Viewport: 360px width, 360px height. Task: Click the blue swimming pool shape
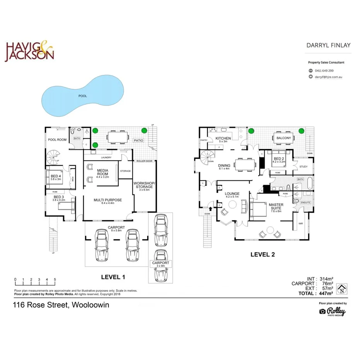[82, 97]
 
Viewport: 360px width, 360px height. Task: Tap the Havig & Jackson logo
[29, 52]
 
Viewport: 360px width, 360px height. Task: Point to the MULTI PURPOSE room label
[108, 201]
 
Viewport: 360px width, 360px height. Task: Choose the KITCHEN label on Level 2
[223, 139]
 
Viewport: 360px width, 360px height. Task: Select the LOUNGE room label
[233, 195]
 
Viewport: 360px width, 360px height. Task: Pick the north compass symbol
[341, 289]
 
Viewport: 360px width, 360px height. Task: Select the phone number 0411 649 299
[324, 71]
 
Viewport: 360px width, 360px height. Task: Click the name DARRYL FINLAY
[328, 45]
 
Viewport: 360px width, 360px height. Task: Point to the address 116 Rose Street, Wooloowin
[61, 305]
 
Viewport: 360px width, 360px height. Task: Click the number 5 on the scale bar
[55, 279]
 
